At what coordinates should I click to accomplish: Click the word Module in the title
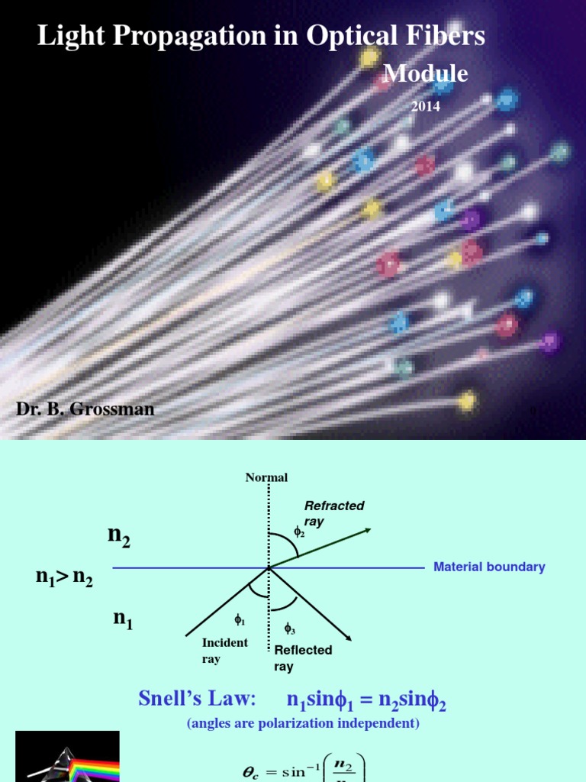[x=425, y=74]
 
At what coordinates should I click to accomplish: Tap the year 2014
[x=426, y=107]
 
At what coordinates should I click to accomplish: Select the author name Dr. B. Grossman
[x=85, y=409]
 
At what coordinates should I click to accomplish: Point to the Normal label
[x=266, y=477]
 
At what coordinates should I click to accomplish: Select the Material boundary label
[x=489, y=567]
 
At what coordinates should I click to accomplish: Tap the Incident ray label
[x=224, y=650]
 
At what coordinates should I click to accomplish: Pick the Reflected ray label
[x=303, y=658]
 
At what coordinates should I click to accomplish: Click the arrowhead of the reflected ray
[x=346, y=636]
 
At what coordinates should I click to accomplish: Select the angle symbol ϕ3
[x=290, y=629]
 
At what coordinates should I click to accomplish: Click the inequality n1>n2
[x=64, y=578]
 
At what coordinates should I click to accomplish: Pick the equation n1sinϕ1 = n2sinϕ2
[x=366, y=700]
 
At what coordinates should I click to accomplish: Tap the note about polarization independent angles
[x=303, y=723]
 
